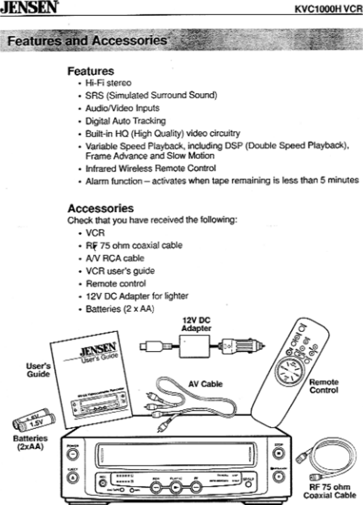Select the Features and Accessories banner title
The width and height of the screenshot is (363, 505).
point(87,41)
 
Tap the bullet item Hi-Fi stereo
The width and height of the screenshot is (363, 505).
point(108,83)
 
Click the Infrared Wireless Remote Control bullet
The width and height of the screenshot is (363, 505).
point(150,168)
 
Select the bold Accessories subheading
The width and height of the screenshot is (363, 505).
point(100,208)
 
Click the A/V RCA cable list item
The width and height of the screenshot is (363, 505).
point(114,258)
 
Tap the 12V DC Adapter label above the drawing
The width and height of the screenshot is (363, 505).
point(196,325)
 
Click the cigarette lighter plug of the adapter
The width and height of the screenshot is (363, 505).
point(243,345)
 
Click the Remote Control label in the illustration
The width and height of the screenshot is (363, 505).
point(323,386)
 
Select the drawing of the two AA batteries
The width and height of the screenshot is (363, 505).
point(34,420)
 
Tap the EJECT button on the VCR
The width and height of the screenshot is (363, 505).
point(73,477)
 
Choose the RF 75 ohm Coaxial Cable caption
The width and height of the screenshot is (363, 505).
point(329,491)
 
